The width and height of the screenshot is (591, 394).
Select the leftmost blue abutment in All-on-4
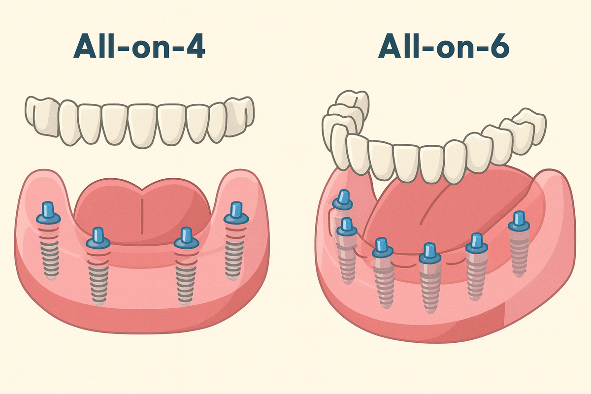(48, 212)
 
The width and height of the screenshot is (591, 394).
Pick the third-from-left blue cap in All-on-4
(186, 238)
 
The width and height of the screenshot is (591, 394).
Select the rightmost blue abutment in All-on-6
(518, 221)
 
